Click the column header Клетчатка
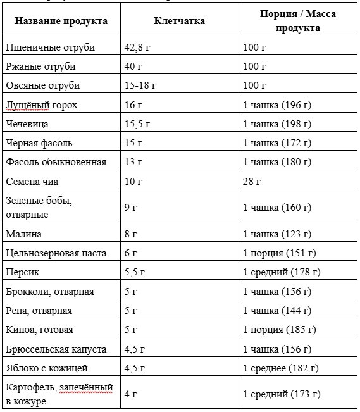(x=179, y=21)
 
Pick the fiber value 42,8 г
(x=138, y=47)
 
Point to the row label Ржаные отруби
(x=40, y=66)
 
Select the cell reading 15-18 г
(x=140, y=85)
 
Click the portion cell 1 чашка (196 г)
(x=277, y=104)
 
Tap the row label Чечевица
(x=27, y=123)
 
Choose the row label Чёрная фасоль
(x=39, y=142)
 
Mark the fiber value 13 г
(x=133, y=162)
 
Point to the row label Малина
(x=23, y=234)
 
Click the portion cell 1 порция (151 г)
(x=279, y=253)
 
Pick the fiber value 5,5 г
(x=135, y=272)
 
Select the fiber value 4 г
(x=131, y=394)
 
